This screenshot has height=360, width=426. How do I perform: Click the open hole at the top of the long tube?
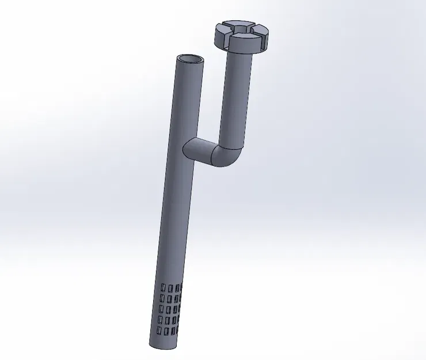click(191, 59)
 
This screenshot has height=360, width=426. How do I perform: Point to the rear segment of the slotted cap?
click(236, 26)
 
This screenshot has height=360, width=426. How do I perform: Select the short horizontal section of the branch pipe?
click(199, 151)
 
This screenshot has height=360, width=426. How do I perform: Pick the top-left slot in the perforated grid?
click(162, 286)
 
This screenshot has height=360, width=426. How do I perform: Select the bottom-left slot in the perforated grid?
click(158, 331)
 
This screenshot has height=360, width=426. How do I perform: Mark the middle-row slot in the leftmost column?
click(160, 309)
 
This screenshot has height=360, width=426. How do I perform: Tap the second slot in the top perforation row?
click(170, 286)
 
